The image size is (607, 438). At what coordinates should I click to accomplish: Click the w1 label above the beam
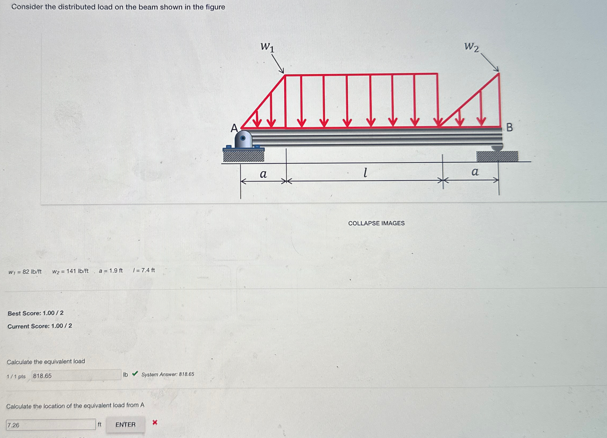267,47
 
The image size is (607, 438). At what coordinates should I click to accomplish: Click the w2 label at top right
471,47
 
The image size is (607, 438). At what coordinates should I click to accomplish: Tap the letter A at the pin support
234,128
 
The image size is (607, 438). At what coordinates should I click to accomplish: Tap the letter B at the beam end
510,128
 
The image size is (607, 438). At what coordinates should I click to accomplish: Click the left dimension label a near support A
263,174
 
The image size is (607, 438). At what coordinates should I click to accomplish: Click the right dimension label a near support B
475,172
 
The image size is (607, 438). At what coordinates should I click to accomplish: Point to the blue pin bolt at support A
243,138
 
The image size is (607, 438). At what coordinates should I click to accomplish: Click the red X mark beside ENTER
155,422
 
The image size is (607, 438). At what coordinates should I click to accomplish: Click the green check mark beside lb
135,373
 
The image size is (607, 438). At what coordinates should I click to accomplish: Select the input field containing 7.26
51,424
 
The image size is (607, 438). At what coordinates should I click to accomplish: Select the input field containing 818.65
76,375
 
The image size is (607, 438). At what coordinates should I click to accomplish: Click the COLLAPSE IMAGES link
376,223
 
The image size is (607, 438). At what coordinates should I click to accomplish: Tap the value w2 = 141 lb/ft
70,271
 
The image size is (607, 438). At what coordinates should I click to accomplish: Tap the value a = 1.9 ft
110,271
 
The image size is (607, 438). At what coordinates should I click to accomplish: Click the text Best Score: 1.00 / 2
35,313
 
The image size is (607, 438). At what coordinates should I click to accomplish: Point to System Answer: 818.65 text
168,374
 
